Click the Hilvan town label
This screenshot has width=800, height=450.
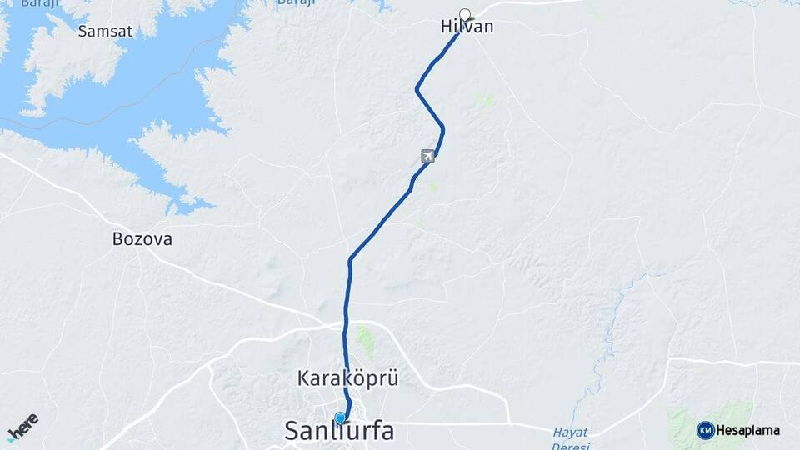point(467,27)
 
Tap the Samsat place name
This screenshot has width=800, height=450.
point(104,32)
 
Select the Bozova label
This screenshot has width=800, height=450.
point(142,239)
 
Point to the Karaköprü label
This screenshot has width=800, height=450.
point(347,378)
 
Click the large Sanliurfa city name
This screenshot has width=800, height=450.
point(338,431)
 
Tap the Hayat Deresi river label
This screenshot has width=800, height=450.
point(570,438)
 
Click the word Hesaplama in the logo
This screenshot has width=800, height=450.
point(748,431)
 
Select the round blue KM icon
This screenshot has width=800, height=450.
point(705,430)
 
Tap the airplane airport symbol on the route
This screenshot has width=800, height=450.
point(427,155)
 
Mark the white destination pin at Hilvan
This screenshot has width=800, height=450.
point(465,13)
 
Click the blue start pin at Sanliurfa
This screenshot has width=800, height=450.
point(340,417)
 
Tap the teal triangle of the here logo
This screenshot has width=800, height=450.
point(11,438)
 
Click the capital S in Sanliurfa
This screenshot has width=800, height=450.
point(292,431)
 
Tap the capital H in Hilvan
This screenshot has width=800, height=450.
point(446,27)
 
